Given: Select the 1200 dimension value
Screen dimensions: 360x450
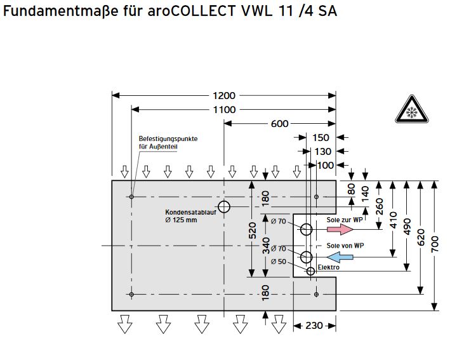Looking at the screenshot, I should [223, 96].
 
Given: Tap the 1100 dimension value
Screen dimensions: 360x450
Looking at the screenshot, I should [223, 110].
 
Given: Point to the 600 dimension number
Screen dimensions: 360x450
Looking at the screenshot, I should [279, 124].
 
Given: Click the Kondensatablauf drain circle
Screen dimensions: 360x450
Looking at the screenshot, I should [224, 207].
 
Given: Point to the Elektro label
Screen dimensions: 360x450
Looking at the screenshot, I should [328, 267].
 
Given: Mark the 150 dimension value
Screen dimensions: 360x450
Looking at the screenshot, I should [321, 138].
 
